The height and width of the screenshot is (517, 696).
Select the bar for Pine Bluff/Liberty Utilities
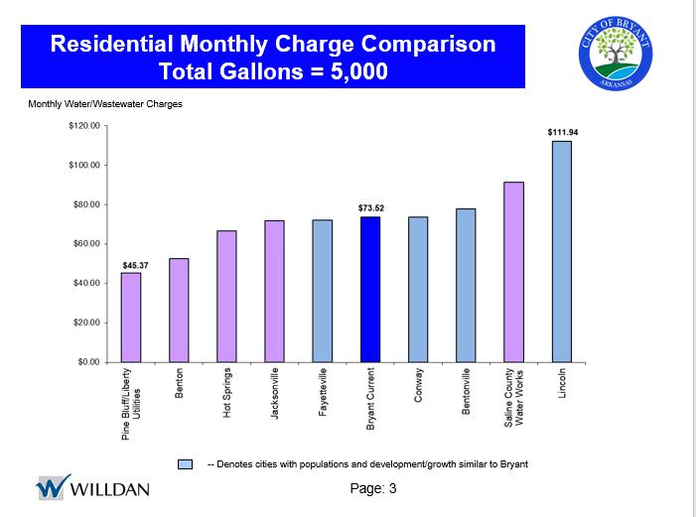click(x=131, y=317)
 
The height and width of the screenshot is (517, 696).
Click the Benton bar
click(x=179, y=310)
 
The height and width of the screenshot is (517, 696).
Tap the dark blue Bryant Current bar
click(x=370, y=289)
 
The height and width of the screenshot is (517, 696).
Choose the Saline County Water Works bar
click(x=513, y=272)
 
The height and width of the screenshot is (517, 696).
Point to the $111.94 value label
click(x=562, y=132)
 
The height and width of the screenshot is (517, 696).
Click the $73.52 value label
click(x=370, y=207)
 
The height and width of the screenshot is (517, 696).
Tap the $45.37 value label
click(x=135, y=265)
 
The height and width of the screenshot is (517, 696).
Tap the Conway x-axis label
click(x=418, y=386)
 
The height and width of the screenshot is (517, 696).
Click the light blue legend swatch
click(x=185, y=463)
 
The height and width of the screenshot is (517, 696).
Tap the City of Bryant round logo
click(x=615, y=56)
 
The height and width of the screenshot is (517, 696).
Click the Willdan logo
click(x=92, y=488)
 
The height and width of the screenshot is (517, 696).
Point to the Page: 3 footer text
click(x=373, y=487)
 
